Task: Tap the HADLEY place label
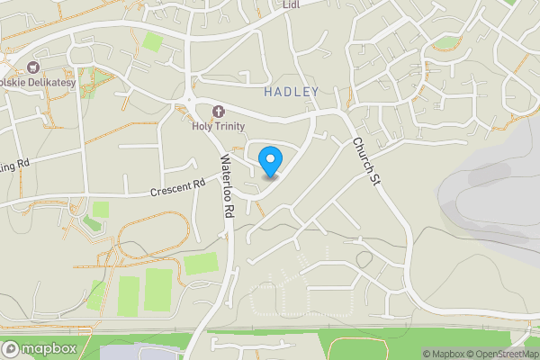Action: [x=292, y=93]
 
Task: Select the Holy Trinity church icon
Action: [x=217, y=112]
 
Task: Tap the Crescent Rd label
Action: [x=178, y=186]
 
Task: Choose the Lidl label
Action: [x=290, y=4]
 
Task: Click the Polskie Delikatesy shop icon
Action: [x=34, y=67]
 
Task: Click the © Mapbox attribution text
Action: [x=445, y=354]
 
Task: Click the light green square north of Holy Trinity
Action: [x=153, y=41]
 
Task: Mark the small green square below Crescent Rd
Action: [x=101, y=209]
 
